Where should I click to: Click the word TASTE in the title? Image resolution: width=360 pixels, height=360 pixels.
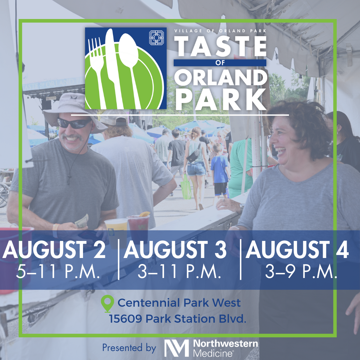click(x=220, y=46)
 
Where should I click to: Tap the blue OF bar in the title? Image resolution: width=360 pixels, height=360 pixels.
click(x=220, y=63)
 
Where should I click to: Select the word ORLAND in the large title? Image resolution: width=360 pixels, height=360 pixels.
click(x=221, y=78)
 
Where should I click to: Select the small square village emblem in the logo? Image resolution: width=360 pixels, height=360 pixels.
click(x=156, y=37)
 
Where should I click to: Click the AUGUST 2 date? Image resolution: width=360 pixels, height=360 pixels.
click(x=54, y=250)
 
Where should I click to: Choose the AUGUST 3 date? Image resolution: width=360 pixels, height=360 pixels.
click(x=175, y=250)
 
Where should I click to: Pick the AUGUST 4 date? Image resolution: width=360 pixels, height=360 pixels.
click(x=297, y=250)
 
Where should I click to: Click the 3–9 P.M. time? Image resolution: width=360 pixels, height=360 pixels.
click(x=301, y=271)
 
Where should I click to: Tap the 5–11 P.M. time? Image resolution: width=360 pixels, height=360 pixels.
click(x=58, y=271)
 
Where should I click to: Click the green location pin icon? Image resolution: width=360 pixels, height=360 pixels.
click(x=107, y=303)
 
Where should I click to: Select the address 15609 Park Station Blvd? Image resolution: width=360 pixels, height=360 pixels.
click(x=177, y=319)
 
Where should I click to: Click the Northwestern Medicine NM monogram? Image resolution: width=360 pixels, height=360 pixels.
click(x=177, y=348)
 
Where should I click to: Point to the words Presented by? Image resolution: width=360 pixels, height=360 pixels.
click(x=129, y=348)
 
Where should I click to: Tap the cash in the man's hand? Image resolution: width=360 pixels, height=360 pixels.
click(x=82, y=221)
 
